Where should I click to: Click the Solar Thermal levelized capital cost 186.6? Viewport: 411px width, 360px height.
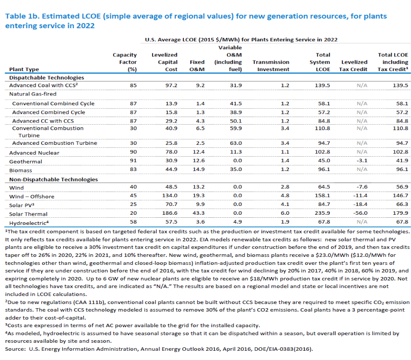[x=169, y=213]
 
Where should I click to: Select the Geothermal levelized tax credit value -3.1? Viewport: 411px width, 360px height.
[x=362, y=160]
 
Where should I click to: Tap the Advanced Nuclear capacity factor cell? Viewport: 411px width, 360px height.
[x=133, y=152]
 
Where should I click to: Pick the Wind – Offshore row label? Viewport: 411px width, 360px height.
[x=32, y=197]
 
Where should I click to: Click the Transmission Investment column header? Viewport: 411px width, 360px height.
[x=271, y=66]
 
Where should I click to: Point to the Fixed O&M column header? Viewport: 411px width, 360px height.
[x=197, y=66]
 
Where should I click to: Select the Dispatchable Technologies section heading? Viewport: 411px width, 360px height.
[x=47, y=78]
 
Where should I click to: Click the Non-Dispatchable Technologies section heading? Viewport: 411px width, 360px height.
[x=54, y=180]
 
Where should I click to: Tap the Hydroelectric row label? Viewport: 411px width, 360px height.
[x=29, y=223]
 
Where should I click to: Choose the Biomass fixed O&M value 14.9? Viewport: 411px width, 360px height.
[x=199, y=169]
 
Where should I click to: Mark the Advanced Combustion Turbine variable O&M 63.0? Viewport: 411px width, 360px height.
[x=236, y=143]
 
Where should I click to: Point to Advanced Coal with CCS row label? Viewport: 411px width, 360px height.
[x=43, y=85]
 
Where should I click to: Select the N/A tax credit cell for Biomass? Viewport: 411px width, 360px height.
[x=362, y=169]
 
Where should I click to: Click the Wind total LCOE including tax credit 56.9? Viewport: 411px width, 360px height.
[x=402, y=187]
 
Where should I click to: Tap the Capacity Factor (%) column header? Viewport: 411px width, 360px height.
[x=125, y=62]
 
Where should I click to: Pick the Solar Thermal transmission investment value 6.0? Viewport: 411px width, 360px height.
[x=285, y=213]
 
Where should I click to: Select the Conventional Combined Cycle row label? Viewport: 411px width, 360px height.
[x=53, y=104]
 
